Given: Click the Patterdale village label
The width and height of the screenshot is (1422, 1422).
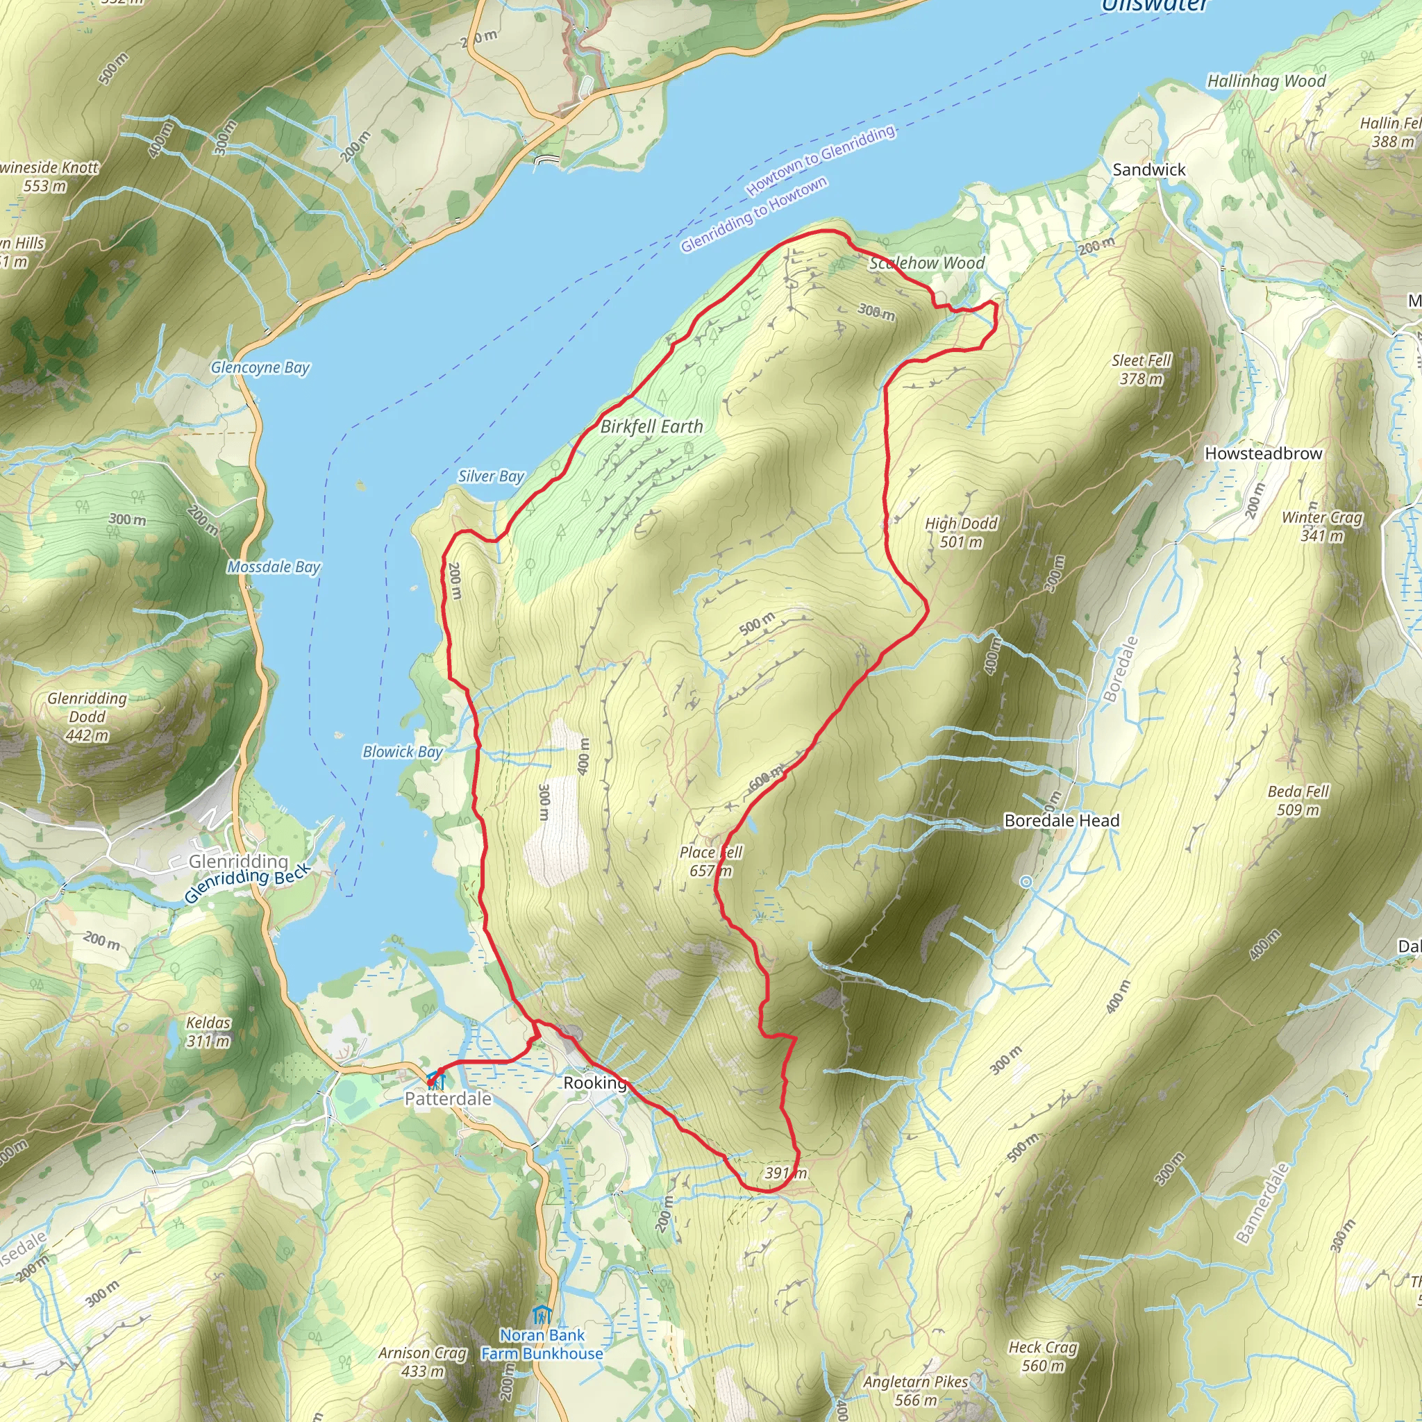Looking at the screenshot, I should click(448, 1099).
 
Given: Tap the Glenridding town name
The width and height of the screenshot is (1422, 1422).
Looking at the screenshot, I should click(238, 861).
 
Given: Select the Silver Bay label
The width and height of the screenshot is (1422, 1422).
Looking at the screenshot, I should click(491, 476).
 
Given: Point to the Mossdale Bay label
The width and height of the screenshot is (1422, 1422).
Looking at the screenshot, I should click(274, 567).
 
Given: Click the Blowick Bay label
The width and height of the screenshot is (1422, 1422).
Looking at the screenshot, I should click(403, 751).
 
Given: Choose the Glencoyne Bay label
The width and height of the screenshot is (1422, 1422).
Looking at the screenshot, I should click(260, 367).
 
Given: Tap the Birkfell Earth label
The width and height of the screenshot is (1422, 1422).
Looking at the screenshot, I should click(651, 426).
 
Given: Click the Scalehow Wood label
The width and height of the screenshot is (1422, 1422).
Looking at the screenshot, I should click(927, 262).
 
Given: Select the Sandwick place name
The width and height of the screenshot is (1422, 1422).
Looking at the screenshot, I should click(1149, 170).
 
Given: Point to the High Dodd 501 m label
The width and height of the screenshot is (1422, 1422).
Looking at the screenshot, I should click(961, 533).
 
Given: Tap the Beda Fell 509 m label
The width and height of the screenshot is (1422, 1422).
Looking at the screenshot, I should click(1298, 801).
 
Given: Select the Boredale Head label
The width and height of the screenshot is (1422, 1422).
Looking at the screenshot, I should click(1062, 821).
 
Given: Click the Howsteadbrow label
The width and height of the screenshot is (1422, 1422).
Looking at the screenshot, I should click(1263, 453).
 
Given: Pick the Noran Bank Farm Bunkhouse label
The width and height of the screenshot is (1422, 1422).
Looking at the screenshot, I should click(542, 1344).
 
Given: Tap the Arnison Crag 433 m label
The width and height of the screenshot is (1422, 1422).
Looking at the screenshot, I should click(422, 1362).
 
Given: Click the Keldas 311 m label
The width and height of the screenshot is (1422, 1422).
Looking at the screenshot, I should click(208, 1031).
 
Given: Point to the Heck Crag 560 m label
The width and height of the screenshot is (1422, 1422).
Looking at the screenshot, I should click(1043, 1357).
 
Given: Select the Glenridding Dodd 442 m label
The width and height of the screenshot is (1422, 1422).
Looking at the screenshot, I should click(87, 716).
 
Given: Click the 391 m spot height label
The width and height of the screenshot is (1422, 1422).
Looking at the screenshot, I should click(785, 1173).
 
